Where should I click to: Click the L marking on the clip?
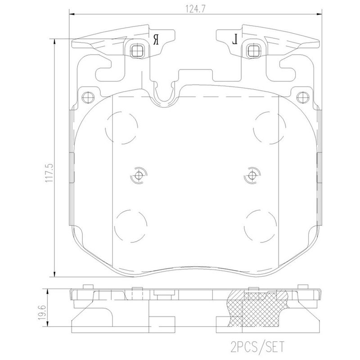tap(235, 40)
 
